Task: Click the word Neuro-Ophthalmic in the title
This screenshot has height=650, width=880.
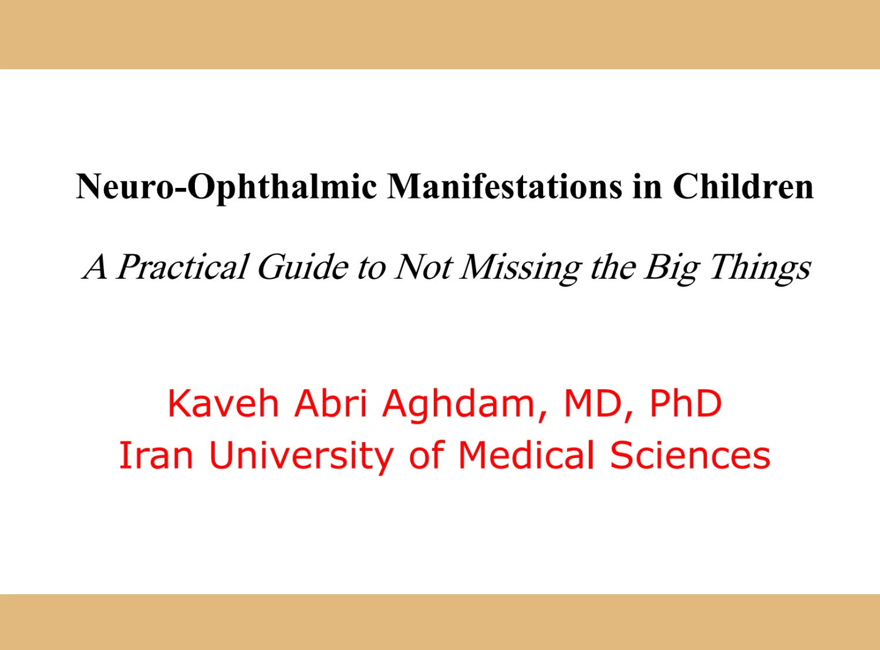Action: click(x=227, y=187)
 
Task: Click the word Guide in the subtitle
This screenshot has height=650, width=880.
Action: click(x=303, y=267)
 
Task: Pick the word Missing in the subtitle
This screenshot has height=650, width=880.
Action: click(x=521, y=270)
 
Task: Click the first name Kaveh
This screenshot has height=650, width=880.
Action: click(x=223, y=403)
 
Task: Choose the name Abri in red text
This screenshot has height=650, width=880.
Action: click(x=331, y=403)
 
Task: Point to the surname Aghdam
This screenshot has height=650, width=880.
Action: click(x=458, y=406)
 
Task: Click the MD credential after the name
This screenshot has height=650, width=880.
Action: click(x=593, y=403)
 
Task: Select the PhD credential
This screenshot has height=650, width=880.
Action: click(x=686, y=403)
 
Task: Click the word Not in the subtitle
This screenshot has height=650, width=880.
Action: click(x=423, y=267)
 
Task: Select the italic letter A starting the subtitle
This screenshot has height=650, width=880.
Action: click(x=95, y=266)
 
